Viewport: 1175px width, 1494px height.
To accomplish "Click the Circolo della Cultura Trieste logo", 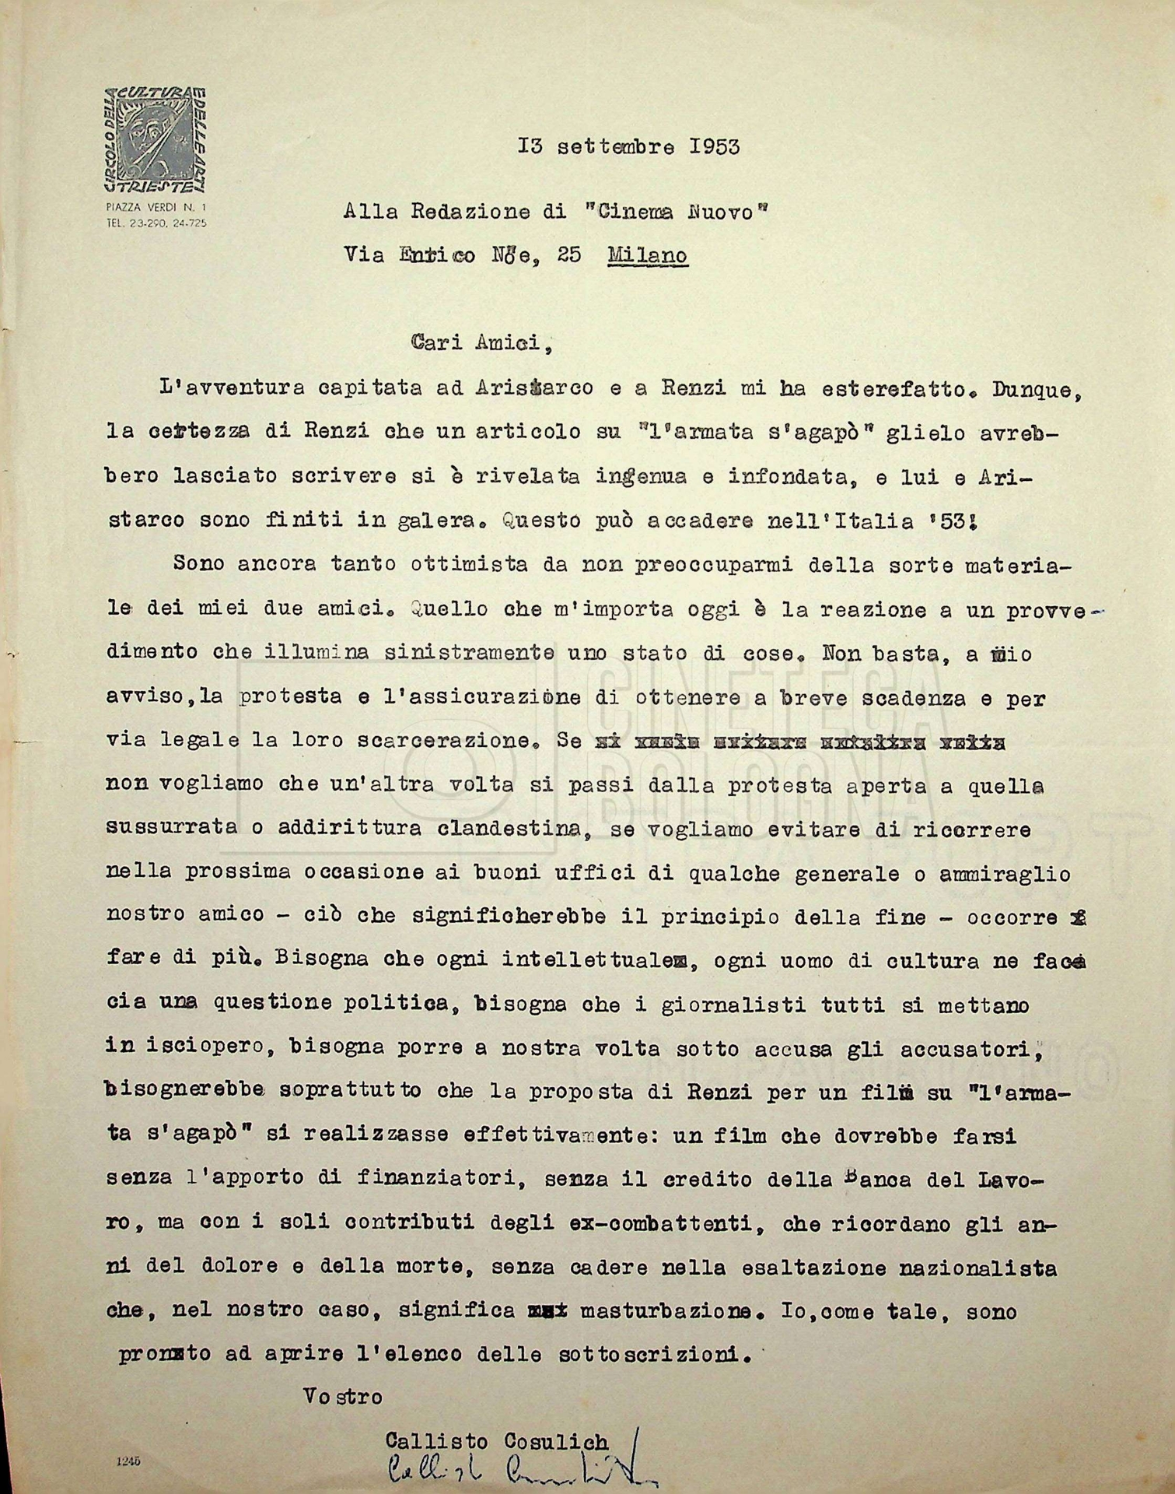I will [x=156, y=139].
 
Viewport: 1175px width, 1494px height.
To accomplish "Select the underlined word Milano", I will [x=648, y=255].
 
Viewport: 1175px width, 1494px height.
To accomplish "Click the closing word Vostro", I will [x=343, y=1397].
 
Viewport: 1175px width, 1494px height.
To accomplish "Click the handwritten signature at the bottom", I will [x=513, y=1469].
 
